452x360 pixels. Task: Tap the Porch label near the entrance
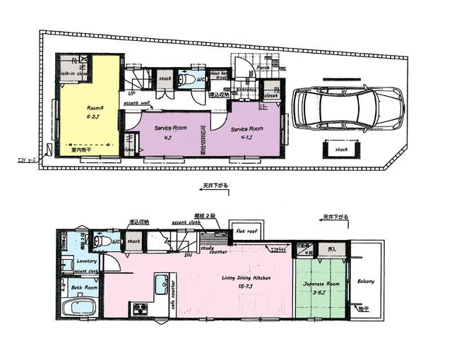click(263, 68)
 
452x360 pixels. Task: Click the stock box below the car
click(342, 150)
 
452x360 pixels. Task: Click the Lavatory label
click(85, 260)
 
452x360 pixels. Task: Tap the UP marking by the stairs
click(131, 93)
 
